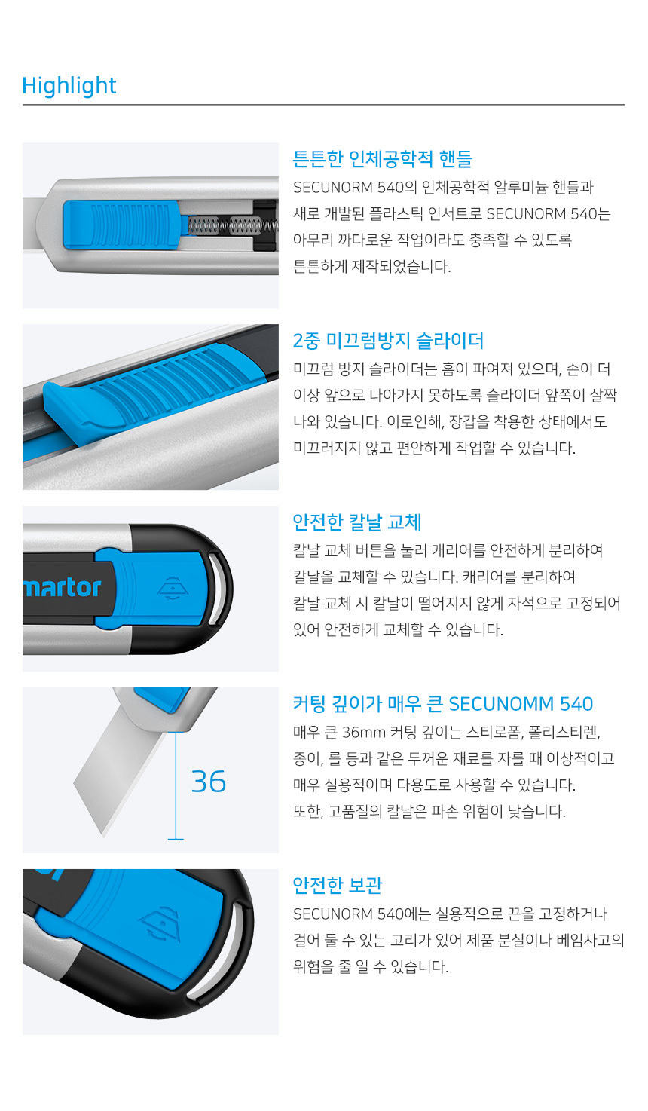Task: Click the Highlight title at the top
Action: [69, 86]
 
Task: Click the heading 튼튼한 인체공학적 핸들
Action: [382, 159]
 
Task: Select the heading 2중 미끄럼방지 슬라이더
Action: [388, 340]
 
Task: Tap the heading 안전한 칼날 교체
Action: [357, 522]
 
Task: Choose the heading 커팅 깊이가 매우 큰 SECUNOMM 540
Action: [443, 703]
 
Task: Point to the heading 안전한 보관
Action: [338, 885]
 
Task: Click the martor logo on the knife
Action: [62, 588]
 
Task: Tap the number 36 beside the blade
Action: [208, 782]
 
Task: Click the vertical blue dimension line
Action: [176, 785]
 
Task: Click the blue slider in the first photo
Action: [122, 225]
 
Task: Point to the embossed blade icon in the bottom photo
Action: [160, 926]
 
